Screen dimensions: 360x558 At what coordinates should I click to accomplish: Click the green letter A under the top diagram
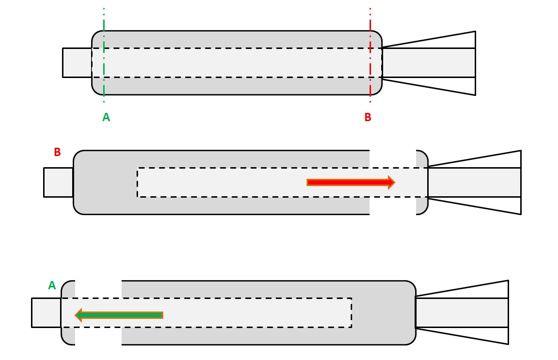coord(106,117)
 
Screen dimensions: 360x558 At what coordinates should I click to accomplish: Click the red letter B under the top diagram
coord(368,117)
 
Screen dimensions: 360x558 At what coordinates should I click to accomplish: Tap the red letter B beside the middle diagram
coord(57,152)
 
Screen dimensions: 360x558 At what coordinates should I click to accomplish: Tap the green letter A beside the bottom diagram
coord(52,286)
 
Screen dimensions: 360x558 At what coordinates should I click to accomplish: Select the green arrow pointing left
coord(119,315)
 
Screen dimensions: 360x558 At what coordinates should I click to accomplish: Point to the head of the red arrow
coord(391,182)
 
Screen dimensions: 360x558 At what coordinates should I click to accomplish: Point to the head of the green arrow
coord(79,315)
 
